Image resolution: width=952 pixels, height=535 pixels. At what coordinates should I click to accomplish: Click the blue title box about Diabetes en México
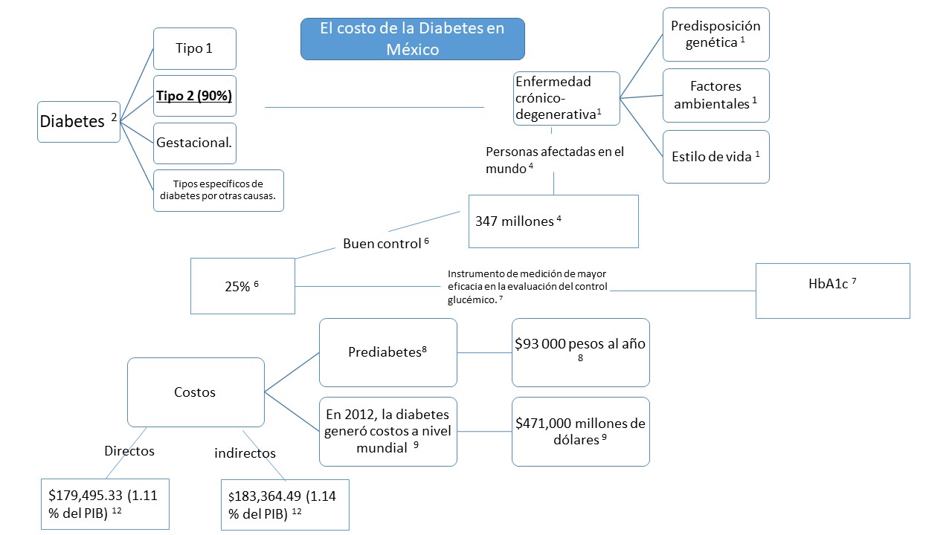(412, 39)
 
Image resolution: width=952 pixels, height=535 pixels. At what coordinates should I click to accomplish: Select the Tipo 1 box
(195, 49)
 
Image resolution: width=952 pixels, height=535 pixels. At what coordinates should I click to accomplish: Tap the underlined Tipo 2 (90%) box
(195, 96)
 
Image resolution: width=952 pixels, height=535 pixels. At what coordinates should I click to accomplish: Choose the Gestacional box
(195, 143)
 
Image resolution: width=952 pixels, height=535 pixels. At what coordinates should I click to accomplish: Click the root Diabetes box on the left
(79, 122)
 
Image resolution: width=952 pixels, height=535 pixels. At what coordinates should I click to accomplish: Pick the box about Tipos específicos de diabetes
(219, 190)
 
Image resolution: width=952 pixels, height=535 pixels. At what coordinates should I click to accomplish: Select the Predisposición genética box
(715, 34)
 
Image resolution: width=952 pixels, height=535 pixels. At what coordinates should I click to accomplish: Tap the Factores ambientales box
(715, 96)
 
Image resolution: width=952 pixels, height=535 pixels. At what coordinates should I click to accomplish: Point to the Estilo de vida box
(715, 157)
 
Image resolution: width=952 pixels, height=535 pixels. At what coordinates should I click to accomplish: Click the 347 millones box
(553, 221)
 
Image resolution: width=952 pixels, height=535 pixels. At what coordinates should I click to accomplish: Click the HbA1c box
(832, 291)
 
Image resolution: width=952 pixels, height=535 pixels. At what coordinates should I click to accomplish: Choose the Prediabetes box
(387, 352)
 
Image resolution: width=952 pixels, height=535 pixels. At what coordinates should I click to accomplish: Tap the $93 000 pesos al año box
(580, 352)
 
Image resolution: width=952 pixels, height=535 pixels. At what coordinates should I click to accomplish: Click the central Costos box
(196, 392)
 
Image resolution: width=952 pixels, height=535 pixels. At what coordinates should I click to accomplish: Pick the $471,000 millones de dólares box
(580, 431)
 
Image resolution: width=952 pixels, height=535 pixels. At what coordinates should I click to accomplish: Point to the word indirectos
(245, 453)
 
